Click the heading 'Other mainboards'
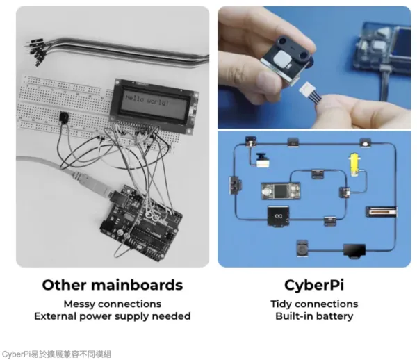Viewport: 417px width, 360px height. pyautogui.click(x=113, y=285)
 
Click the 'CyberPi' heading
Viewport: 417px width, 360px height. pyautogui.click(x=313, y=285)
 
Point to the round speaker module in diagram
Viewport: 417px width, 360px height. pyautogui.click(x=302, y=248)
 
